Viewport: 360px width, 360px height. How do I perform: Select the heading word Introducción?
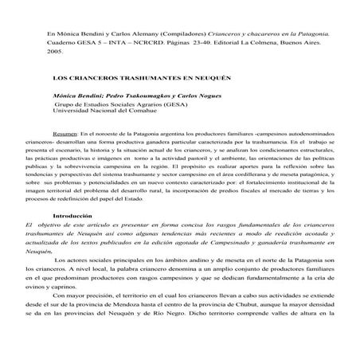68,217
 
